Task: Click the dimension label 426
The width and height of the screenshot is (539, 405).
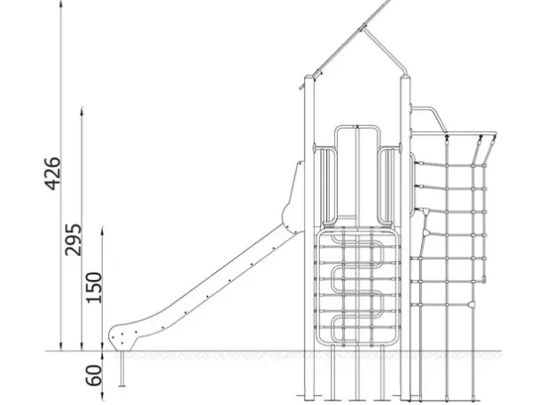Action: click(x=53, y=173)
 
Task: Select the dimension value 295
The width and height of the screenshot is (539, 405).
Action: click(x=73, y=240)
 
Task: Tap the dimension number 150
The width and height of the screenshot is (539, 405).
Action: click(x=94, y=288)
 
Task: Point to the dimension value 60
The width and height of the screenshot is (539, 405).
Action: click(x=94, y=375)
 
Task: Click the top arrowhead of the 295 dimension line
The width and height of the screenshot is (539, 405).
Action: click(x=82, y=111)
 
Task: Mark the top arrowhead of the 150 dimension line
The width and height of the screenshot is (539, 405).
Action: click(x=103, y=231)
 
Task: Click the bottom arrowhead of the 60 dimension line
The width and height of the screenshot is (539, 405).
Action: click(x=103, y=396)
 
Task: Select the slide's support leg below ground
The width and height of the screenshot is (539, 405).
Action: click(x=122, y=368)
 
